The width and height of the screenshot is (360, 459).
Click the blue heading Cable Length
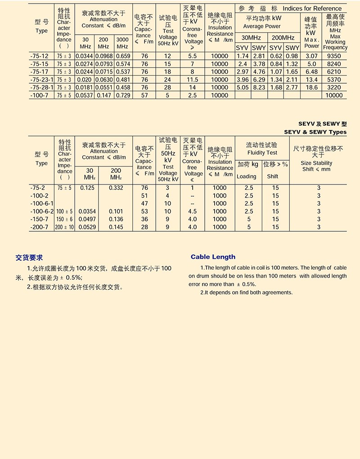[213, 257]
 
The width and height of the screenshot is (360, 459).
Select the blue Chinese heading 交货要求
[29, 258]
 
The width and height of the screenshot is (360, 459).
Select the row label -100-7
[39, 95]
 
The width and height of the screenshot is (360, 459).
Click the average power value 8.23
[259, 87]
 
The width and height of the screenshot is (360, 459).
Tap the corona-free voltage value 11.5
[193, 80]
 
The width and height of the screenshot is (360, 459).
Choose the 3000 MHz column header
[122, 43]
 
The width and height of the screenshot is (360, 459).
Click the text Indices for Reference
[312, 8]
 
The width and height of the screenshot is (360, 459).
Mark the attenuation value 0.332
[116, 188]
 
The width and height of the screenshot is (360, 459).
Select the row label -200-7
[39, 227]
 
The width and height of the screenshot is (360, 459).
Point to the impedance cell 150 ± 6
[65, 219]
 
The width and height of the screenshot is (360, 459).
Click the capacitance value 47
[144, 203]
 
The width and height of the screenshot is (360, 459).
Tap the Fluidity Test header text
[262, 153]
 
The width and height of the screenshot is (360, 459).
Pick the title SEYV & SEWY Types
[315, 132]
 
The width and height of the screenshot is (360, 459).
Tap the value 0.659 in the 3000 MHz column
[123, 56]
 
